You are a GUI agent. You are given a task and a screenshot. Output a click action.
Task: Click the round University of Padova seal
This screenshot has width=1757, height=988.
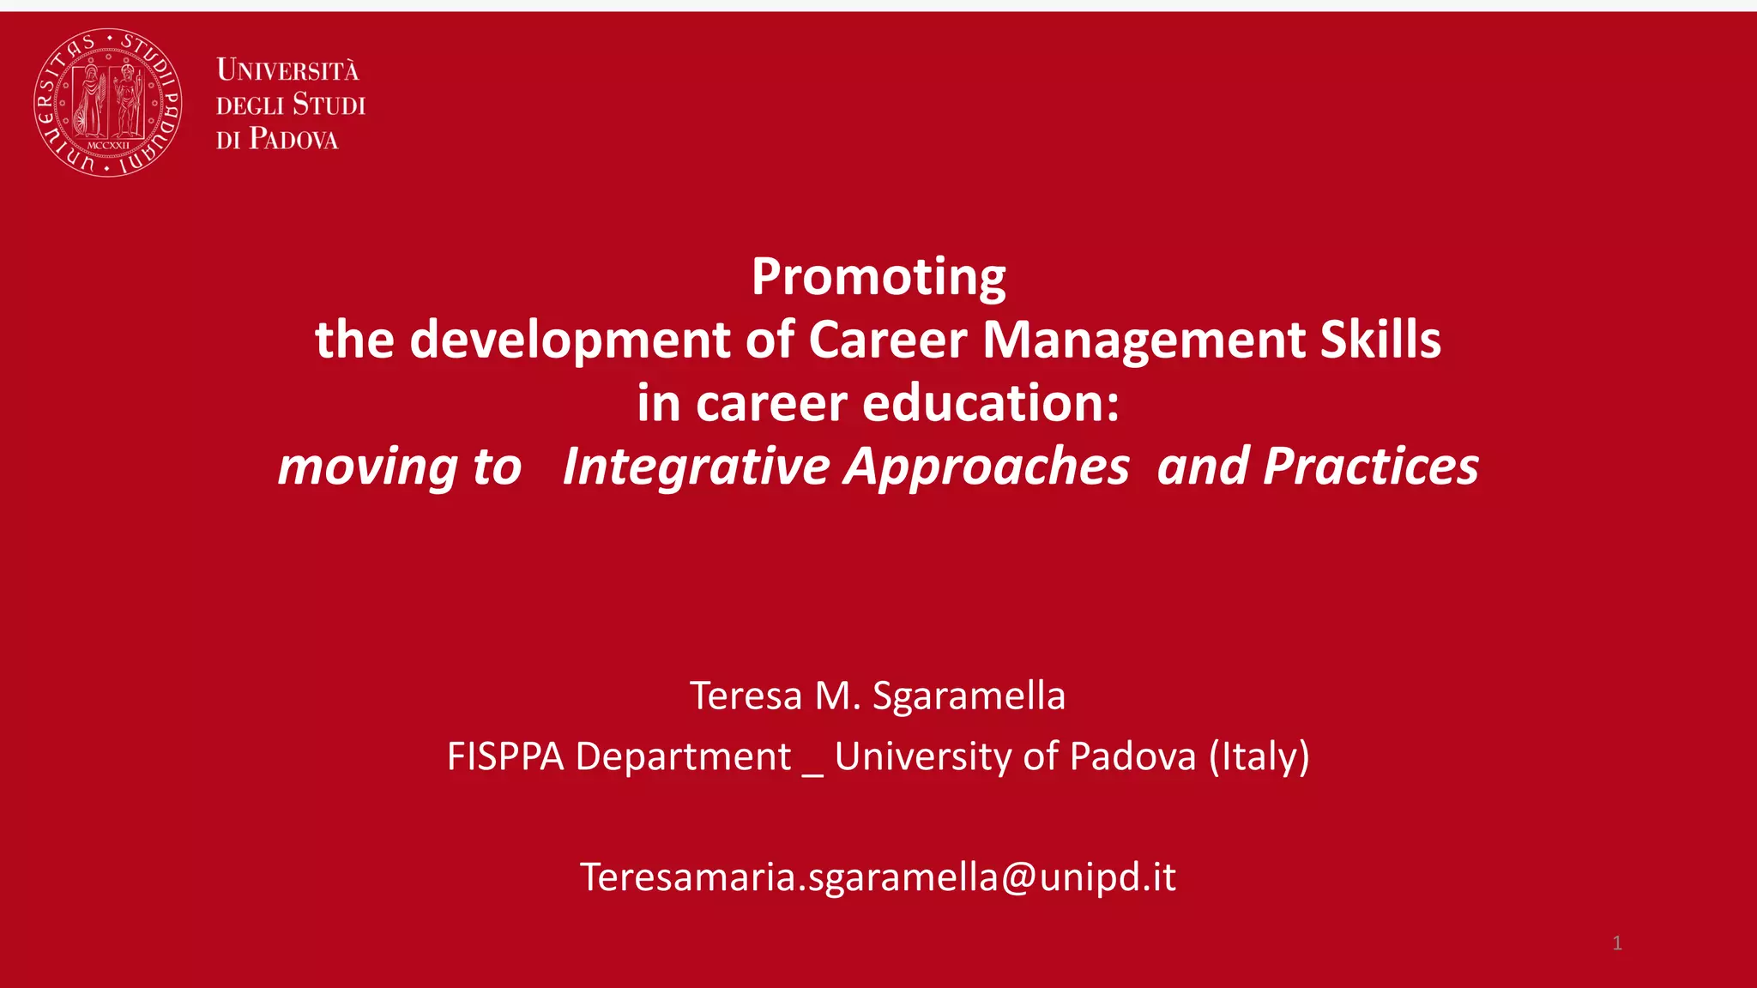tap(107, 103)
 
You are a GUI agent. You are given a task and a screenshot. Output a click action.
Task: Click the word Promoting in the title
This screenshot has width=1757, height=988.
tap(878, 277)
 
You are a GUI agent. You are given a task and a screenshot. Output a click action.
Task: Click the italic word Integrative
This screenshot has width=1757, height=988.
tap(696, 467)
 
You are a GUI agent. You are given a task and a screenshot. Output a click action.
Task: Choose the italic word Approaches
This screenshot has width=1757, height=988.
tap(987, 467)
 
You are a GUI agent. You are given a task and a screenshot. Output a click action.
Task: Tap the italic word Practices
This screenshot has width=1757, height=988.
tap(1370, 467)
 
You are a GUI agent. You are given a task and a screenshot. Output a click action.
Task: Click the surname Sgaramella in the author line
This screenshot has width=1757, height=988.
tap(969, 696)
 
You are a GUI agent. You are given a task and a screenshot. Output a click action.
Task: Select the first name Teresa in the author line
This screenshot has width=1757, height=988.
tap(746, 696)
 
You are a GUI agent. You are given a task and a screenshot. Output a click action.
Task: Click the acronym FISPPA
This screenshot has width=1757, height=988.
tap(505, 757)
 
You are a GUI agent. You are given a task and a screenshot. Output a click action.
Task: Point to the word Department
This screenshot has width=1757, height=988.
tap(683, 757)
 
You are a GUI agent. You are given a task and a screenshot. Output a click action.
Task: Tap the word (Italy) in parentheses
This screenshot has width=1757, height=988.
tap(1259, 757)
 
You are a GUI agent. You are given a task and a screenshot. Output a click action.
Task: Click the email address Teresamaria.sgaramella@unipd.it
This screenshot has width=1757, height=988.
tap(878, 877)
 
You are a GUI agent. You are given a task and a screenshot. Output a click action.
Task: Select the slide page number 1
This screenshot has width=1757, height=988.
tap(1617, 943)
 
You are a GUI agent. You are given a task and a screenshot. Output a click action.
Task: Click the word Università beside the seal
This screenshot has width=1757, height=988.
tap(287, 70)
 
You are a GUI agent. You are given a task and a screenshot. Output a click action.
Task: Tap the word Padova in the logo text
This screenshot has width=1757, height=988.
tap(293, 139)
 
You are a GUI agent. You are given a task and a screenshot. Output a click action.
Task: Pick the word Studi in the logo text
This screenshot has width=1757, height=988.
tap(329, 105)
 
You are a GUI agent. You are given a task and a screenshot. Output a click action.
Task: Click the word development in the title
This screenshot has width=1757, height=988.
tap(570, 340)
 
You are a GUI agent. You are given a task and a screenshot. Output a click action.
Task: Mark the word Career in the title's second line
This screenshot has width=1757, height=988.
tap(887, 340)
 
